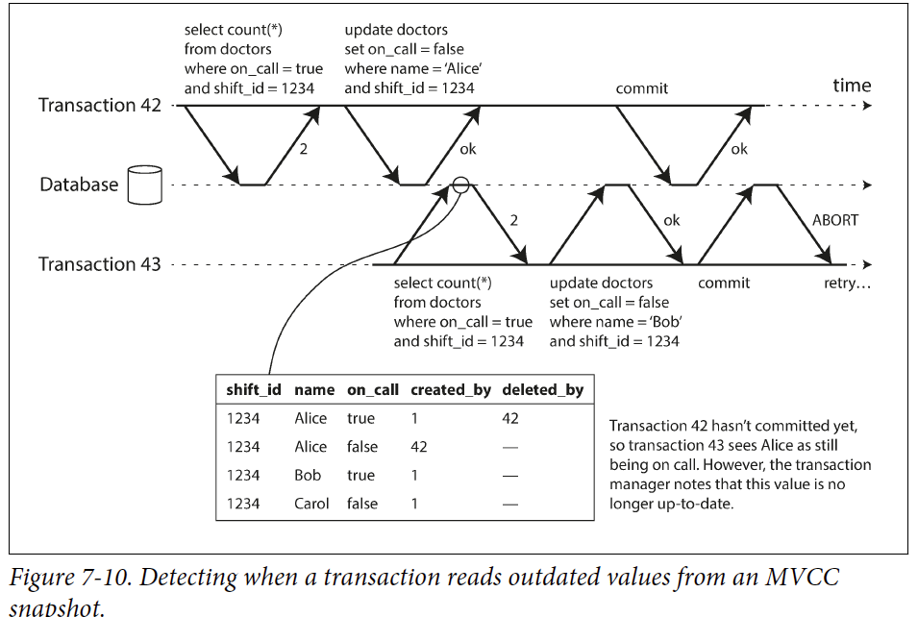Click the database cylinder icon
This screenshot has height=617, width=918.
[145, 185]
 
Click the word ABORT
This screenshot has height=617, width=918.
[835, 220]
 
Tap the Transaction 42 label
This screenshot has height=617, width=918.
[100, 105]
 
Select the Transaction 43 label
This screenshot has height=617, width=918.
[100, 264]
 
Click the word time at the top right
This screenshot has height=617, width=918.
[852, 86]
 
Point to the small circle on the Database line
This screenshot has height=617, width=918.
[460, 185]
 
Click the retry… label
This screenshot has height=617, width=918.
[847, 284]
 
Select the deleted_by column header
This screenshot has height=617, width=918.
[542, 390]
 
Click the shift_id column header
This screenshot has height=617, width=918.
[254, 390]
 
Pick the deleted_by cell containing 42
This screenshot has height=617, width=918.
[510, 419]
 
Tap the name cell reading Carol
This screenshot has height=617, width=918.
[311, 504]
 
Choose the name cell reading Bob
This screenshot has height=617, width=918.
[308, 475]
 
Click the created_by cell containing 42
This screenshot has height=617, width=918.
[419, 447]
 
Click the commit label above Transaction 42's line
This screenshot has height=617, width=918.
[642, 88]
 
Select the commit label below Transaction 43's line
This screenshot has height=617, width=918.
[724, 284]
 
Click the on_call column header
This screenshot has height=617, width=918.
[373, 390]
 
